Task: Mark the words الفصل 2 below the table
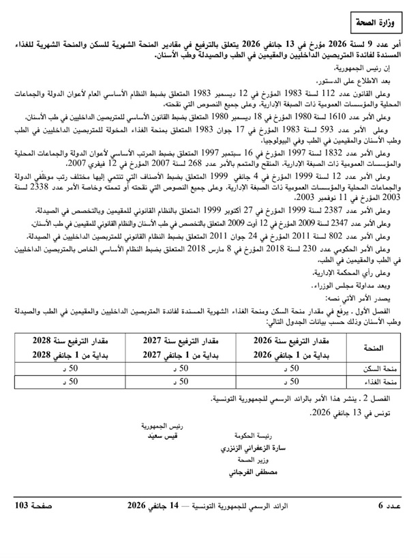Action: (388, 398)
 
